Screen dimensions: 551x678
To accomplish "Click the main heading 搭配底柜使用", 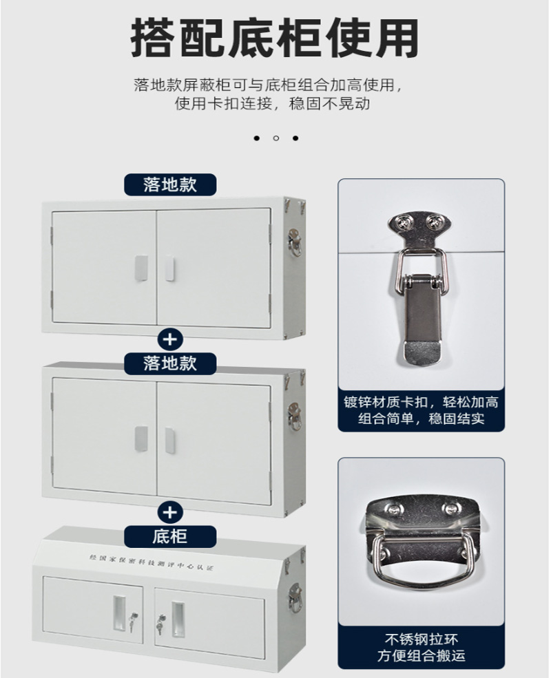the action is click(275, 38).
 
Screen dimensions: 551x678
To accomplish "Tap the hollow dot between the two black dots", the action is click(276, 138).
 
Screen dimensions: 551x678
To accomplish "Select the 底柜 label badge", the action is click(170, 537).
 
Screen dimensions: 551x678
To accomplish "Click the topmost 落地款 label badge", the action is click(170, 184).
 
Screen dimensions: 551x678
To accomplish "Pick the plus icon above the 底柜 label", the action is click(170, 512).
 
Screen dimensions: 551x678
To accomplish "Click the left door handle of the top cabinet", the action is click(141, 268).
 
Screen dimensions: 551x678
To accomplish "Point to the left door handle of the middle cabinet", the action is click(141, 440).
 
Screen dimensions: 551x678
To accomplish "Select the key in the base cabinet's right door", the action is click(160, 623).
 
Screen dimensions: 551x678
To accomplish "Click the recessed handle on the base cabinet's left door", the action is click(119, 613).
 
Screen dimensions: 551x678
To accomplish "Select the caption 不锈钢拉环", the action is click(422, 639).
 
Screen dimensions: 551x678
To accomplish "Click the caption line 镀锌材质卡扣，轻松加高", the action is click(422, 402).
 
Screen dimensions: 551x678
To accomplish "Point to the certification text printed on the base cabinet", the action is click(152, 562).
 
